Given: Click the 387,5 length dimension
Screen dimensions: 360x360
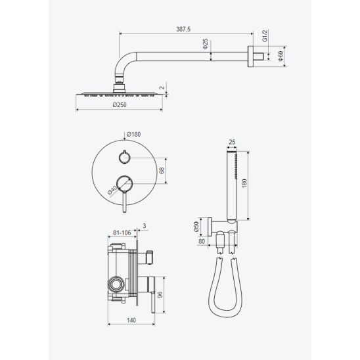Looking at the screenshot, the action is (x=183, y=29).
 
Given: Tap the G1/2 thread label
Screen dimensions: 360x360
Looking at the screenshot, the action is (x=265, y=35).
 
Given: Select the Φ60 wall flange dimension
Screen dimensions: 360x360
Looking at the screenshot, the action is (x=281, y=56).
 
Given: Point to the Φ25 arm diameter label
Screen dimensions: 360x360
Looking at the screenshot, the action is (x=205, y=43).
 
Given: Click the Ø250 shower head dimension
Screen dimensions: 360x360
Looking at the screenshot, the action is (x=120, y=104).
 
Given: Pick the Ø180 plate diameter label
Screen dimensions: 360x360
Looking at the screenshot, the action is (x=133, y=134).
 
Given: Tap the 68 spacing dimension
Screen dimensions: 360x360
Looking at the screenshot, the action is (x=162, y=170).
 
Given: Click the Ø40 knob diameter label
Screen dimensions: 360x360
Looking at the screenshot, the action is (x=112, y=190).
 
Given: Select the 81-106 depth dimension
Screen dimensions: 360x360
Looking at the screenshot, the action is (x=122, y=233).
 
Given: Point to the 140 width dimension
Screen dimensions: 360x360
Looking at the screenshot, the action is (x=131, y=320).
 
